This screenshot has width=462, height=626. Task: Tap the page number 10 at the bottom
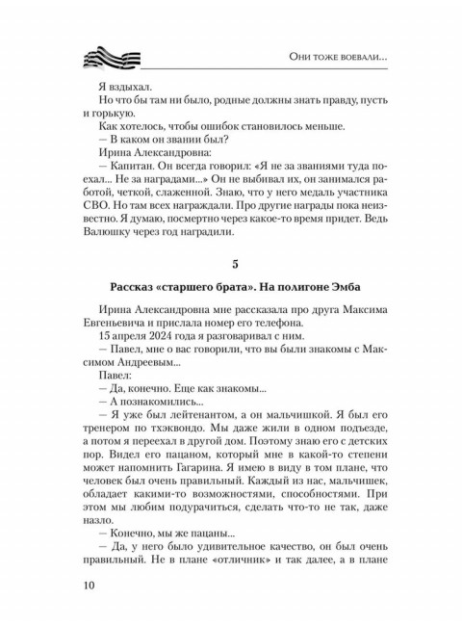point(84,585)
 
